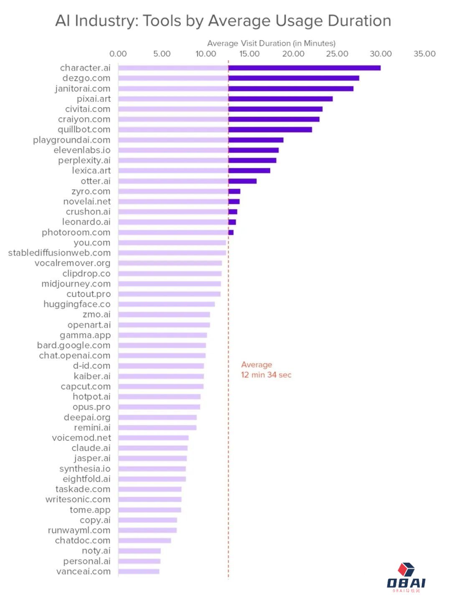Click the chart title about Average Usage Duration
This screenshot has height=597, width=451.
[x=223, y=20]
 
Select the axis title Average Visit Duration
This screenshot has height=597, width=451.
[x=271, y=43]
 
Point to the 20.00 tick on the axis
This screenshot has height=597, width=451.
[x=293, y=54]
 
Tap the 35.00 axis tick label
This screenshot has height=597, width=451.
[x=424, y=54]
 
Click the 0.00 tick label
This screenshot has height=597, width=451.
[x=118, y=54]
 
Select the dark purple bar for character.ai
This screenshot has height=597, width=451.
[x=304, y=68]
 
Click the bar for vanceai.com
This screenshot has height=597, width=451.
[x=139, y=571]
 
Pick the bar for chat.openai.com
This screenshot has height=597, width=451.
[x=162, y=356]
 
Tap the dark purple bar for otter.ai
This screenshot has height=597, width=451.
[x=242, y=181]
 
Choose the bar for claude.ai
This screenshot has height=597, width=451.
[x=153, y=448]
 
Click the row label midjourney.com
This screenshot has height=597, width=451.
[x=76, y=284]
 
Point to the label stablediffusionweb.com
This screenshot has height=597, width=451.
[x=59, y=253]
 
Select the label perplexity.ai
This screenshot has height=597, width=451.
[x=84, y=160]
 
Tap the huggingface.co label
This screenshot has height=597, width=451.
[x=77, y=304]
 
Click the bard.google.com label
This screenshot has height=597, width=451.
[x=74, y=345]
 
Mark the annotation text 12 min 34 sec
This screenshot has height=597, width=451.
[x=266, y=375]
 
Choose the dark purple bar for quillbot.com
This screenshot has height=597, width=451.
[x=270, y=130]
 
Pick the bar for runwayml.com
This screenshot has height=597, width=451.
[x=147, y=530]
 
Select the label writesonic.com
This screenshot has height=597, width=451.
[x=78, y=499]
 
